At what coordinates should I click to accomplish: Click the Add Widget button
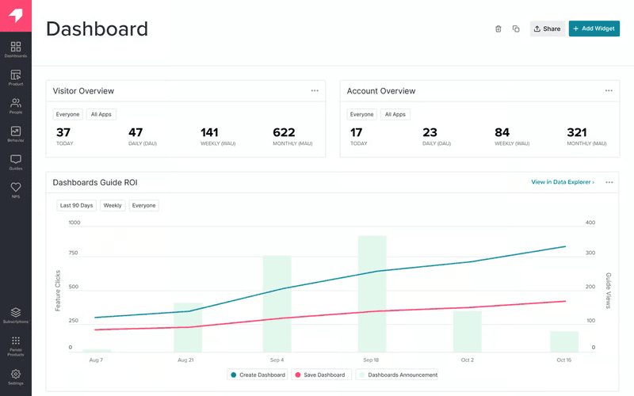point(594,29)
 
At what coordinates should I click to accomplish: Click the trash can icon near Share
point(498,29)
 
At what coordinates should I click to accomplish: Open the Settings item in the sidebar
point(16,376)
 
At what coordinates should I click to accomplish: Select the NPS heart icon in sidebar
point(16,189)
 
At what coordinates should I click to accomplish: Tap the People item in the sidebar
point(16,105)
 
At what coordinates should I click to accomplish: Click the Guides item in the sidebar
point(16,162)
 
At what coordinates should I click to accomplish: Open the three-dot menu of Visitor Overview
point(315,91)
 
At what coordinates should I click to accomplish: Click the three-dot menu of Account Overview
point(609,91)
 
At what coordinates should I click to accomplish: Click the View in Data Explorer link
point(562,182)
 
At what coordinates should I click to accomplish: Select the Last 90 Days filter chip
point(76,205)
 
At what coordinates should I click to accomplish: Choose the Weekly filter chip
point(113,205)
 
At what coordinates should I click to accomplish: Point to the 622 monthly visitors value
point(284,132)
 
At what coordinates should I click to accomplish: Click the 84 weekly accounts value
point(502,132)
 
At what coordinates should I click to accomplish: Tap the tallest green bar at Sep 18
point(372,293)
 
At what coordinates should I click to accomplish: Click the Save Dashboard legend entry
point(320,375)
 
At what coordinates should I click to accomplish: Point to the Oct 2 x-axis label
point(467,360)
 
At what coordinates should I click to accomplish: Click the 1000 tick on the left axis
point(74,223)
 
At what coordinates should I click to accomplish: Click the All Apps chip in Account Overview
point(395,114)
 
